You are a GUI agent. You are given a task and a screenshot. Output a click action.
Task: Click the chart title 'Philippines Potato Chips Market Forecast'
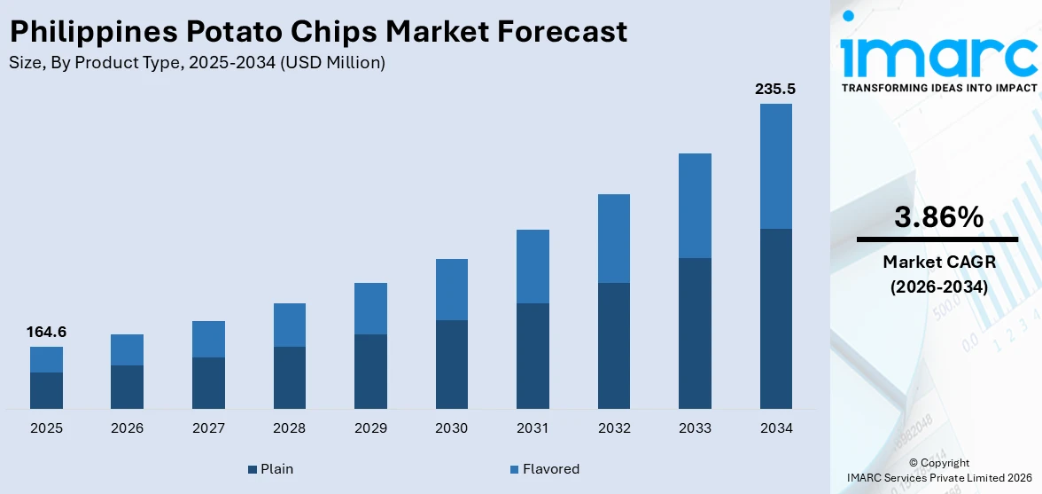pos(318,32)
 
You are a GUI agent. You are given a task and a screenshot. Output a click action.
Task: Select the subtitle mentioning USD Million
pos(197,62)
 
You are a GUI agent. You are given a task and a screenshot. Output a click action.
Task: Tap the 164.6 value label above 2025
pos(46,333)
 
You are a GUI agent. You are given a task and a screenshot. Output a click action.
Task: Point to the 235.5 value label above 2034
pos(775,90)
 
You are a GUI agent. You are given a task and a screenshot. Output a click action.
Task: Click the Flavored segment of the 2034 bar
pos(775,166)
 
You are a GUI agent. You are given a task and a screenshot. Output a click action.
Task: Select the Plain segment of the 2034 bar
pos(775,318)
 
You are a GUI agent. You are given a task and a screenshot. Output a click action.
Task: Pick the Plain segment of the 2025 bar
pos(46,390)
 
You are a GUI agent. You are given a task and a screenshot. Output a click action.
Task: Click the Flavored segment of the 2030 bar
pos(451,289)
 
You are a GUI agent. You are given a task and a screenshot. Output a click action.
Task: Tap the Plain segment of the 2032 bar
pos(613,346)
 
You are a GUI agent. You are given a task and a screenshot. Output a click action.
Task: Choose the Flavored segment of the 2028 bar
pos(289,325)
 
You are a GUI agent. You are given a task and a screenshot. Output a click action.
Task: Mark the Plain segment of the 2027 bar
pos(208,383)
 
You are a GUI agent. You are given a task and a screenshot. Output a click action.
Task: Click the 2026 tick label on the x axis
pos(128,428)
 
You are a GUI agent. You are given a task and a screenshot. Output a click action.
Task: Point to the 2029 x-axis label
pos(370,428)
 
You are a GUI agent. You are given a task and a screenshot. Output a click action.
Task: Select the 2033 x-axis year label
pos(695,428)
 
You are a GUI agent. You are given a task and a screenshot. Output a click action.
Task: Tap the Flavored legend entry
pos(543,469)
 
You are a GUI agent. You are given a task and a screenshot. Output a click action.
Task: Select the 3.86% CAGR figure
pos(938,216)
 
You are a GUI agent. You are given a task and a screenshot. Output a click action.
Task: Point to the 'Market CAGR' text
pos(938,262)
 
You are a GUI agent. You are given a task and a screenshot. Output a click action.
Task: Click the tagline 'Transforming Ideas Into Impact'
pos(938,88)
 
